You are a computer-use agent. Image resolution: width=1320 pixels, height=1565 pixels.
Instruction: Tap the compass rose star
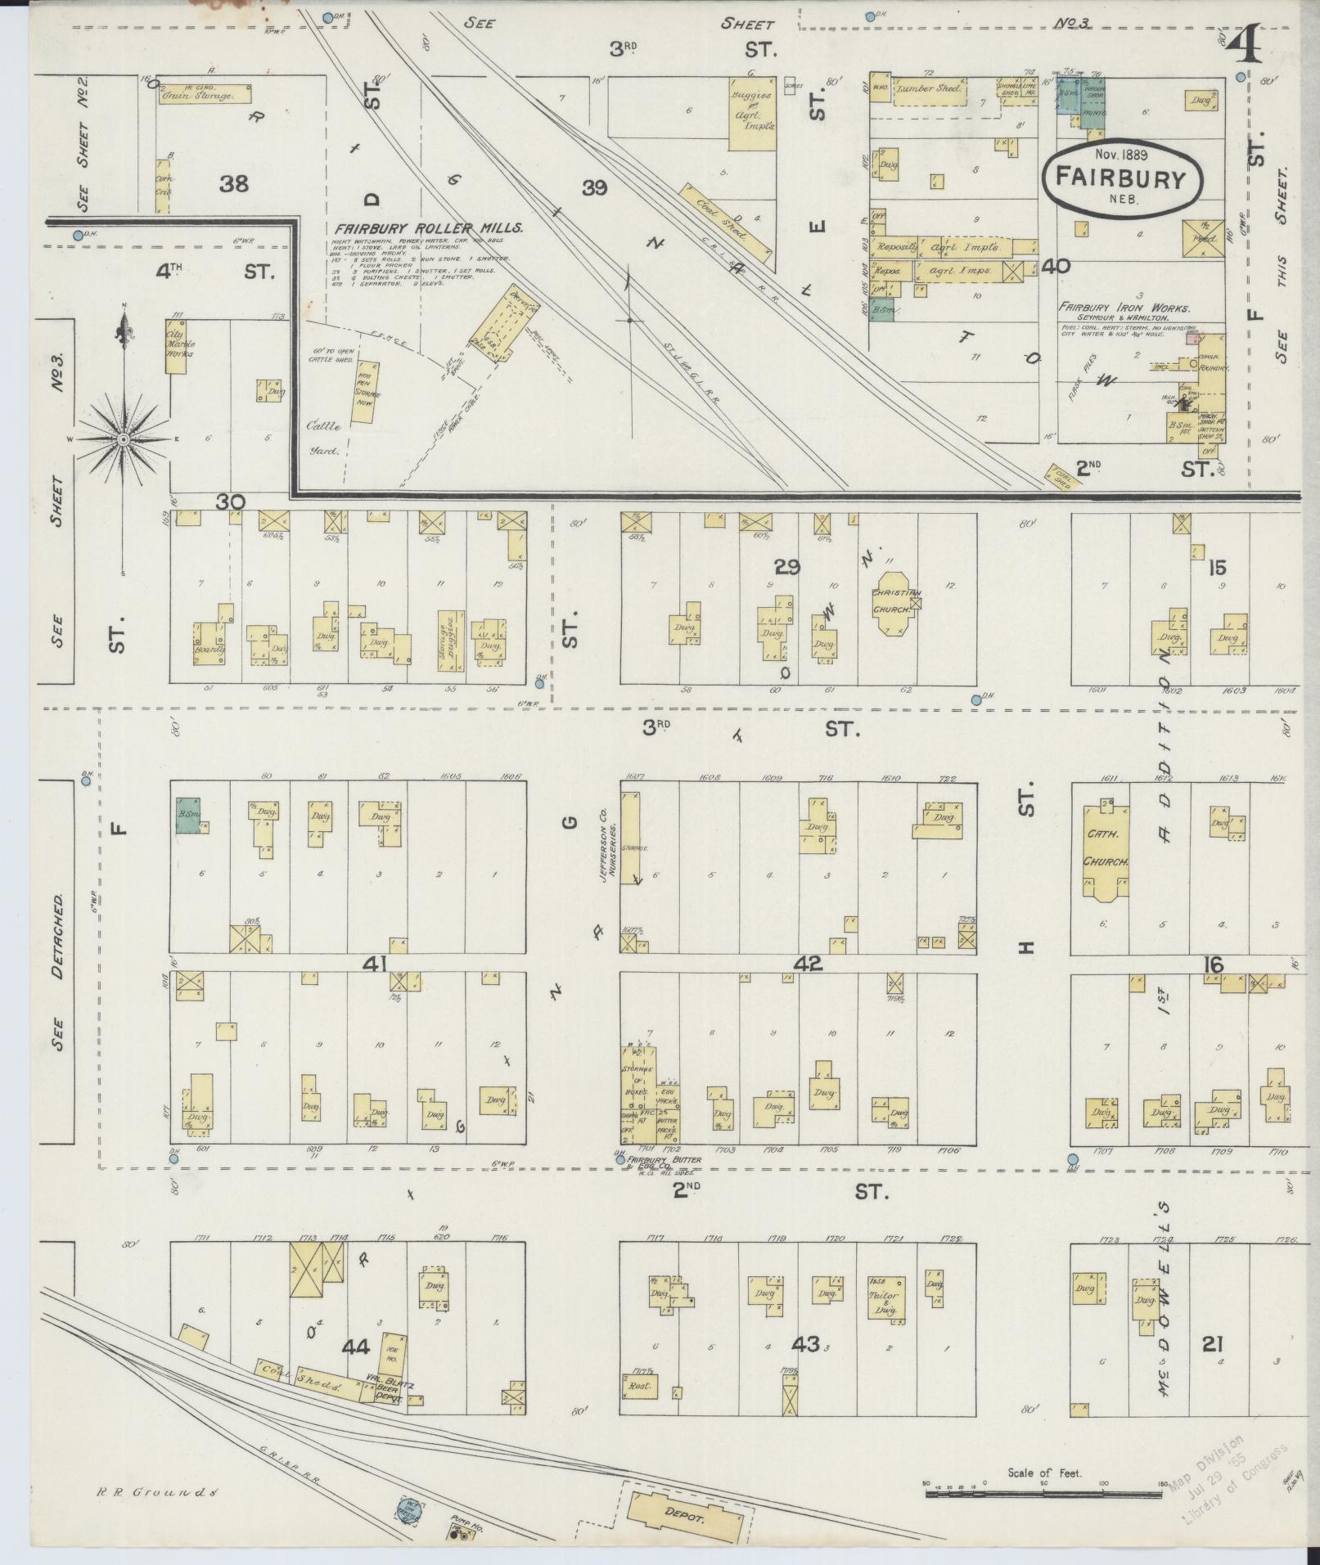124,440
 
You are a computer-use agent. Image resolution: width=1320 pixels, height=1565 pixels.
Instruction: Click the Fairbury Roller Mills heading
428,228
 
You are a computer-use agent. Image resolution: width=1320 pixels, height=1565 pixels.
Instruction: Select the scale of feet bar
1043,1494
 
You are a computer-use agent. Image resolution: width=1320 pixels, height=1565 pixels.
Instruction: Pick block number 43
805,1342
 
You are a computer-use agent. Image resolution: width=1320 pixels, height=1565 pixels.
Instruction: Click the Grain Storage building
205,94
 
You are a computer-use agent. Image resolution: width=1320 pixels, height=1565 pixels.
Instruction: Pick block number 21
1213,1342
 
